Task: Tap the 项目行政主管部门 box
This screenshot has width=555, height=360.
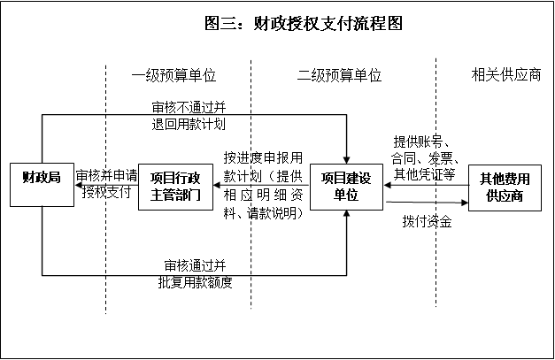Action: click(176, 187)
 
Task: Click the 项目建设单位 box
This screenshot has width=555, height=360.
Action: click(346, 187)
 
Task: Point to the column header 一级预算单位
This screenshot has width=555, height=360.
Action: click(174, 76)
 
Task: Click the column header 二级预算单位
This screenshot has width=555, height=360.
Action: click(340, 76)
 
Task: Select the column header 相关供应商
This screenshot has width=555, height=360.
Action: click(505, 76)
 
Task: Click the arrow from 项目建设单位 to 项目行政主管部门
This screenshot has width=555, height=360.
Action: click(261, 187)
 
